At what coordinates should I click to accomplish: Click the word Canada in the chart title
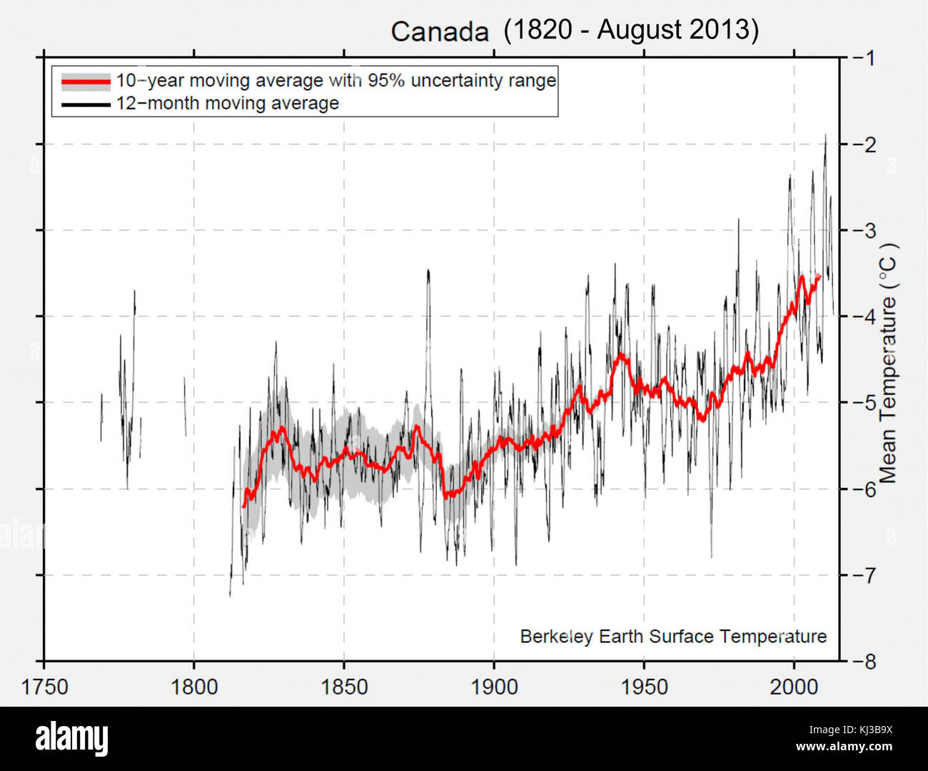439,32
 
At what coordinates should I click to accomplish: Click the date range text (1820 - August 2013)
631,30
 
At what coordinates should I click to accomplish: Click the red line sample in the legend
86,81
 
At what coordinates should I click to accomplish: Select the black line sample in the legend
86,105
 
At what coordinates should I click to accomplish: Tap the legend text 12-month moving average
228,104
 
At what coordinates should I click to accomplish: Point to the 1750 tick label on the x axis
45,687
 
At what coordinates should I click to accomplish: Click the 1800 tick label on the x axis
194,687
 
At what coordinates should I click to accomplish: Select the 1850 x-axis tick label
344,687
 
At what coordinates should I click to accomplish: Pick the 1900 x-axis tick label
494,687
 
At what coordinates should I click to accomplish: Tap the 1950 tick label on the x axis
644,687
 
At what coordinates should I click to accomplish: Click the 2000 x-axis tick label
794,687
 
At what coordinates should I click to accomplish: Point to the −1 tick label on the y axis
864,58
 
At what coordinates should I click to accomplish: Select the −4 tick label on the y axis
864,317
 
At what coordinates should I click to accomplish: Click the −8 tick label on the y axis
864,662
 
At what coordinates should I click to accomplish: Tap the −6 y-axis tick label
864,489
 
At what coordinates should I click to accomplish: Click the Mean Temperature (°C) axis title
888,363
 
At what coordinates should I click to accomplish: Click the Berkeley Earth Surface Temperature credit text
673,637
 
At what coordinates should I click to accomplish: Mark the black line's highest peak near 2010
826,136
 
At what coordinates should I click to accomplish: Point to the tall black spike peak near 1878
428,271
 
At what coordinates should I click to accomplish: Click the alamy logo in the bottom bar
72,739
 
